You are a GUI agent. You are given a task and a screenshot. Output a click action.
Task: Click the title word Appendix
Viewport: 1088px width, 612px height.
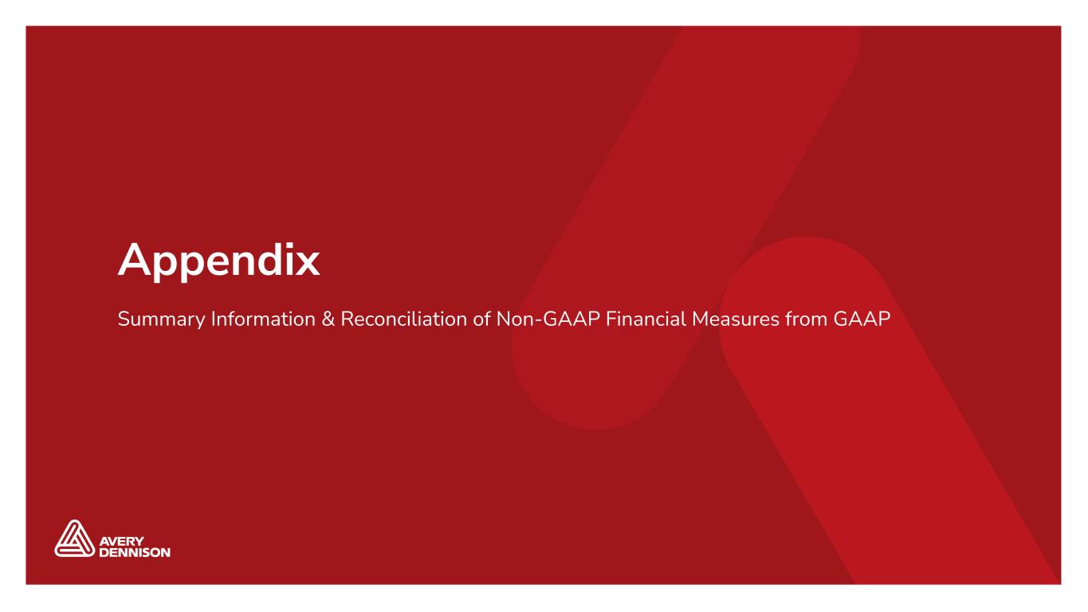point(218,262)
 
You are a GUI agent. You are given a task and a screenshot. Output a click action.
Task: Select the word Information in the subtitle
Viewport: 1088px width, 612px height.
point(263,319)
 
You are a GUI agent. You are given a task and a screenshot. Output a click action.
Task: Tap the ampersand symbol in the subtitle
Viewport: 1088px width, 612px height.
point(328,319)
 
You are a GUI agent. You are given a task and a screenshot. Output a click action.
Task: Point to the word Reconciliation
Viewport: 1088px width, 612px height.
point(404,319)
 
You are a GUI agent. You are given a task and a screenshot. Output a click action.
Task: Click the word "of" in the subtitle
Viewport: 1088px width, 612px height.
point(481,319)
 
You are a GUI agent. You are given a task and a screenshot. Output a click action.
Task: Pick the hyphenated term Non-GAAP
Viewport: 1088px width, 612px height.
point(548,319)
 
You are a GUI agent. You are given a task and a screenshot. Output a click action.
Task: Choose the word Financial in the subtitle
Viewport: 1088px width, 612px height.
point(646,319)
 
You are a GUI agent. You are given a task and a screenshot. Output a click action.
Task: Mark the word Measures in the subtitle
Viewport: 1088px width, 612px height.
point(736,319)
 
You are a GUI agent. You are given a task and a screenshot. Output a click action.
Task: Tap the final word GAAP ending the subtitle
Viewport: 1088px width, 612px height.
point(862,319)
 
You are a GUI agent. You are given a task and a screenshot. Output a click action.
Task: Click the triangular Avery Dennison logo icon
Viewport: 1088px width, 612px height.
point(74,539)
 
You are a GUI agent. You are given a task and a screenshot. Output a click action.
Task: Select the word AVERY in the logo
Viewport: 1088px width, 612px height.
point(121,541)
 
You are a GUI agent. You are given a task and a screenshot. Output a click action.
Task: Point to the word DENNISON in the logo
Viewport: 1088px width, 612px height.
point(135,552)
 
